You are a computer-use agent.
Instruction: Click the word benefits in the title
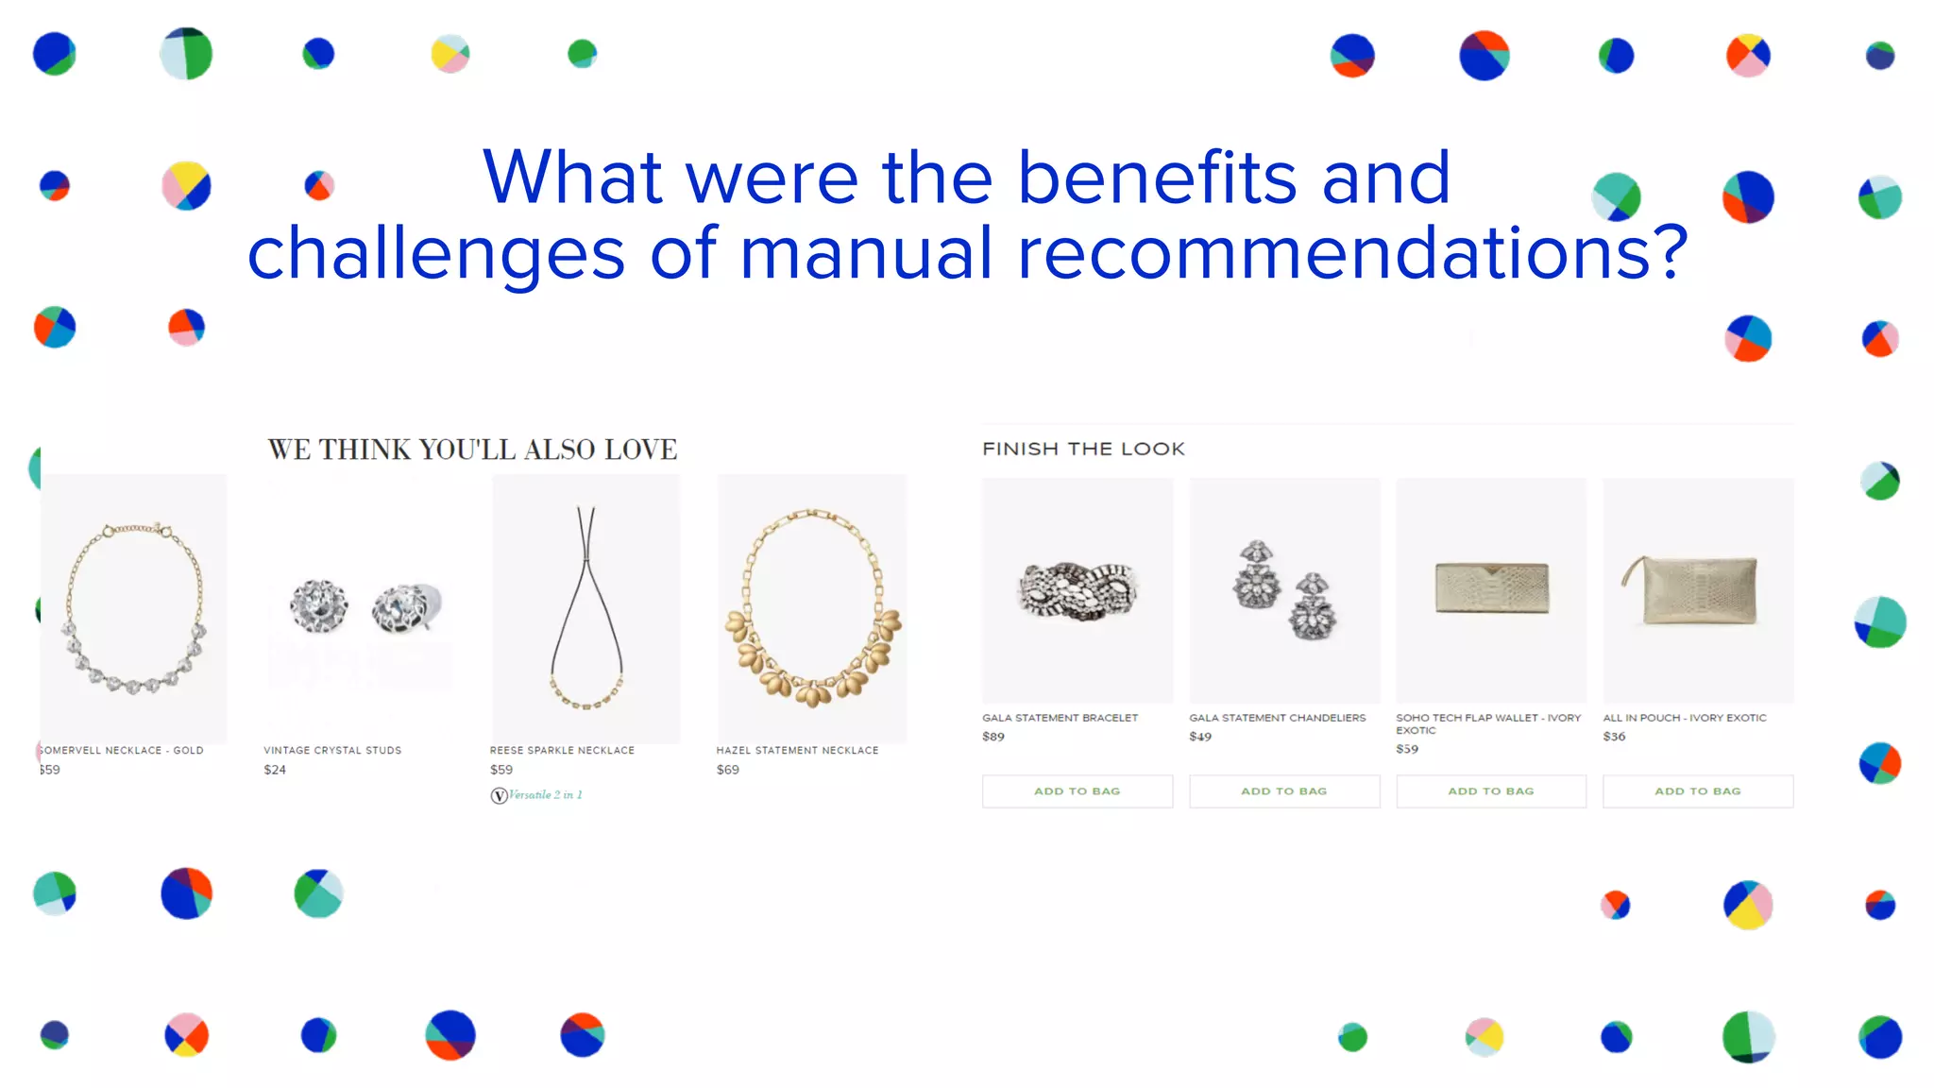(x=1157, y=178)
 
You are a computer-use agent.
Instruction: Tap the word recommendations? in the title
(x=1351, y=253)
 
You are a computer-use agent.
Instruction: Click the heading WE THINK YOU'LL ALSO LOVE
(x=472, y=450)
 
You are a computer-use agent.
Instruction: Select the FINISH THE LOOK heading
(x=1083, y=449)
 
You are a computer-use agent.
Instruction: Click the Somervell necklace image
(x=134, y=607)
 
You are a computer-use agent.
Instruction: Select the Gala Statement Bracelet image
(x=1077, y=590)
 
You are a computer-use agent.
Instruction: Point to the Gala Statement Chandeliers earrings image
(x=1284, y=590)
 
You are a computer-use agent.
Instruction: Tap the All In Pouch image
(x=1698, y=590)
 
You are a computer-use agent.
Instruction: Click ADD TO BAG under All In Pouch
(x=1698, y=791)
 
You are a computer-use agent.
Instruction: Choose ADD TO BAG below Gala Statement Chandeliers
(x=1284, y=791)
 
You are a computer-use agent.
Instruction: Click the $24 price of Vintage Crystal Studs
(x=275, y=770)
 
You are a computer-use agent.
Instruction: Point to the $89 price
(x=993, y=737)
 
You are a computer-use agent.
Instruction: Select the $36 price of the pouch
(x=1614, y=737)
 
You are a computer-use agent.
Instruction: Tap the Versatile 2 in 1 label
(x=537, y=795)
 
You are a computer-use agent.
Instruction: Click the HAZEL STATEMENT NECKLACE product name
(x=797, y=750)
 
